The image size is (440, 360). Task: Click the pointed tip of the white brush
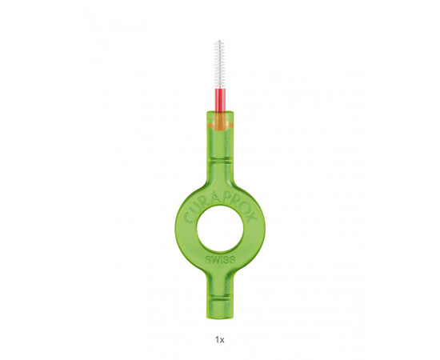coord(220,41)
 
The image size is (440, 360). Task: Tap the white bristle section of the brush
coord(220,65)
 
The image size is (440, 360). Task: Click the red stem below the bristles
coord(220,100)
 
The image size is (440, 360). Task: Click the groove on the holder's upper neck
coord(220,161)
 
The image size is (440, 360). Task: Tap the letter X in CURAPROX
coord(250,217)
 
